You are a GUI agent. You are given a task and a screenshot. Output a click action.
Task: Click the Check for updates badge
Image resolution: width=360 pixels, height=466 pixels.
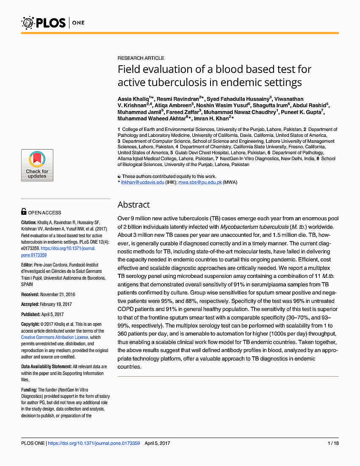pos(37,165)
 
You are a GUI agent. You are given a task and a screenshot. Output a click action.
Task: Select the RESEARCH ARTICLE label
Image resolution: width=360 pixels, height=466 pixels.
pos(141,58)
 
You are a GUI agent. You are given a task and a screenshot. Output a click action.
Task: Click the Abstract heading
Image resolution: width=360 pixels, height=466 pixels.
pos(133,205)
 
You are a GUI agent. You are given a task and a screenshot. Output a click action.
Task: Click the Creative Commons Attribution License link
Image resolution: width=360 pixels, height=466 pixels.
pos(55,338)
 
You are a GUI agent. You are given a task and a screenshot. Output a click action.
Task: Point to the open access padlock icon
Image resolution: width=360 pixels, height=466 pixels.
pos(24,212)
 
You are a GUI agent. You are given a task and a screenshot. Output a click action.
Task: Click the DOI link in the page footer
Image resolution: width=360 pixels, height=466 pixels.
pos(94,443)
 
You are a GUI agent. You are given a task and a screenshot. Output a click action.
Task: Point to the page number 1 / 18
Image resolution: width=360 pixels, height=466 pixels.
pos(333,443)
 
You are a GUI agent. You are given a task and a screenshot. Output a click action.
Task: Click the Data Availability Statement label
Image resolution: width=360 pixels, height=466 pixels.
pos(46,366)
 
